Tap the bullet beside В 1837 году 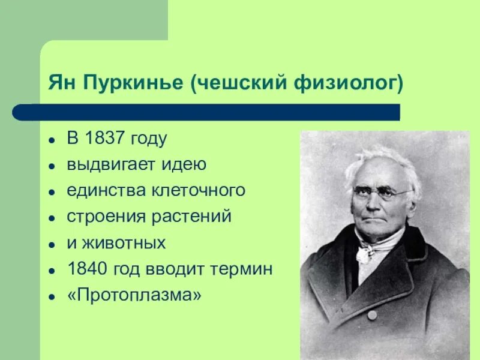point(52,140)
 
